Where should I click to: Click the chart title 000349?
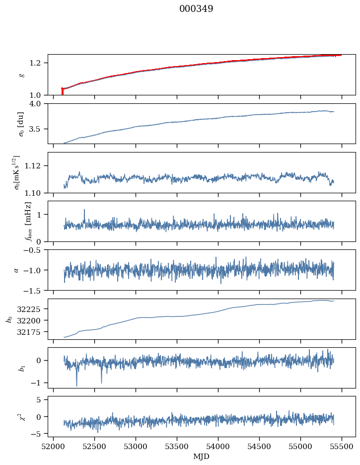coord(196,9)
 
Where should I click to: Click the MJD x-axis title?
coord(202,457)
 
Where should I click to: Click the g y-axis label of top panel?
coord(21,75)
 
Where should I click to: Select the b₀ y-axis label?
coord(9,319)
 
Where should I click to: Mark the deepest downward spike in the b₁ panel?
coord(76,385)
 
